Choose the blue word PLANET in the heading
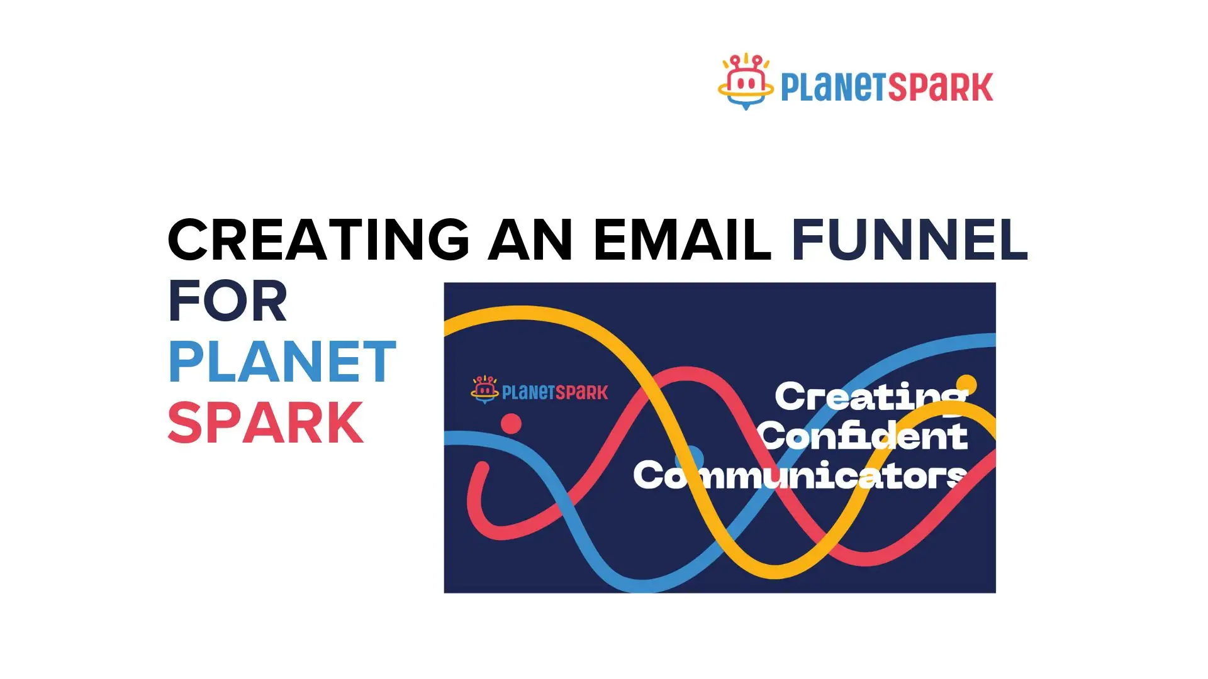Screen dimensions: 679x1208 [282, 362]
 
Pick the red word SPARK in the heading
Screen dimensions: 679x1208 [266, 423]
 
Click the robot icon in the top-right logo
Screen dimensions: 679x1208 [746, 82]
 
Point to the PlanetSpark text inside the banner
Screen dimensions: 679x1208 [555, 393]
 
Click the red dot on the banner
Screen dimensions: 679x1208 [512, 424]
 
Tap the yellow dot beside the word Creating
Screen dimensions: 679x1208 [966, 384]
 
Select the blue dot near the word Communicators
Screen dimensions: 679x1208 [693, 456]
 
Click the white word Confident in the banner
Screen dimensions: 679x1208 [863, 436]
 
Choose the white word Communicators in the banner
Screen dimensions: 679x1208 [799, 476]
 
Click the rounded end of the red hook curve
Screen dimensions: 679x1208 [482, 468]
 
